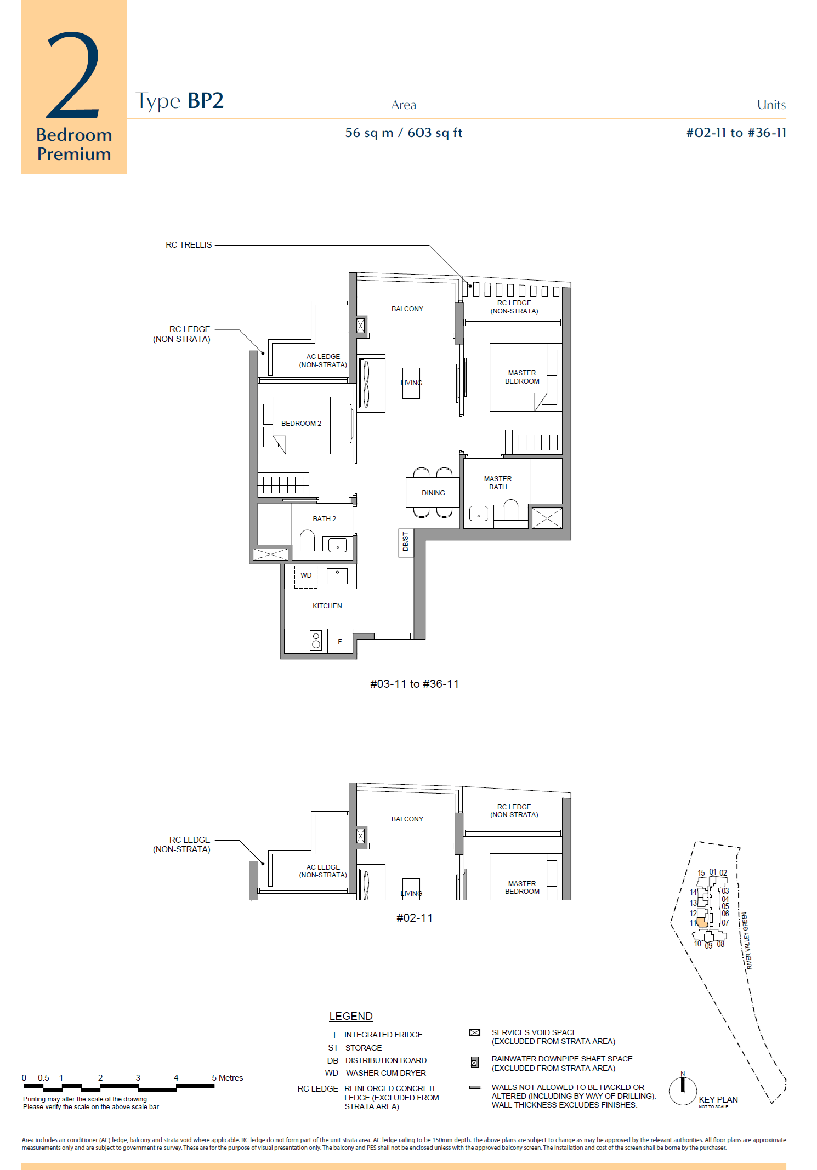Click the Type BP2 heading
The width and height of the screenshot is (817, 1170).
[x=179, y=101]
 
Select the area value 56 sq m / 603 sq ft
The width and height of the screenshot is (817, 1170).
[x=404, y=133]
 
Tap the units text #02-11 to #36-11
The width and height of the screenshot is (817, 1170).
[x=736, y=133]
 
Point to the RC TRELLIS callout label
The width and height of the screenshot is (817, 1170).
[x=189, y=245]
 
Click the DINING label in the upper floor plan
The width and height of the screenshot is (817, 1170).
[x=433, y=493]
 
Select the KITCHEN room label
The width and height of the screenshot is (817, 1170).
[x=327, y=606]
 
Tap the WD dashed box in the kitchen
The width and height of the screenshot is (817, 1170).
[x=306, y=577]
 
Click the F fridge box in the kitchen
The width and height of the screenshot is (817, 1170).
[x=340, y=641]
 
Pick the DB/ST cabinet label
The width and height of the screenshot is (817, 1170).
[x=406, y=542]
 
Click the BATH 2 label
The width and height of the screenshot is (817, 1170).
[x=325, y=519]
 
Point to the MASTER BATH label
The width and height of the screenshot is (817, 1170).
[x=498, y=483]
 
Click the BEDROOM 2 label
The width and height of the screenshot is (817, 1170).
[x=301, y=424]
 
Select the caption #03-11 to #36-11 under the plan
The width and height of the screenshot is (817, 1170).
[x=415, y=684]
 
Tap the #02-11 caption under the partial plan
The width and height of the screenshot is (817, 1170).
[x=415, y=918]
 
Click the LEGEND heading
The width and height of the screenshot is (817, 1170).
[x=351, y=1017]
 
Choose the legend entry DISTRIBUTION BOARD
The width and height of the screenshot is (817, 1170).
[x=386, y=1060]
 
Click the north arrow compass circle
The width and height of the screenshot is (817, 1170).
[x=683, y=1091]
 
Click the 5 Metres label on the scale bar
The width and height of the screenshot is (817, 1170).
[x=228, y=1078]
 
